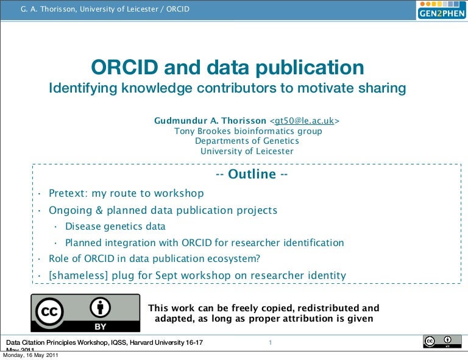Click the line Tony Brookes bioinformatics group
[x=248, y=131]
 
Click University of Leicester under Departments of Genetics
[x=247, y=151]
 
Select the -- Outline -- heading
[x=252, y=174]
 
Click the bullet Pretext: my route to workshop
[x=126, y=194]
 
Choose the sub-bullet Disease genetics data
[x=115, y=227]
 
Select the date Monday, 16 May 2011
[x=30, y=356]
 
